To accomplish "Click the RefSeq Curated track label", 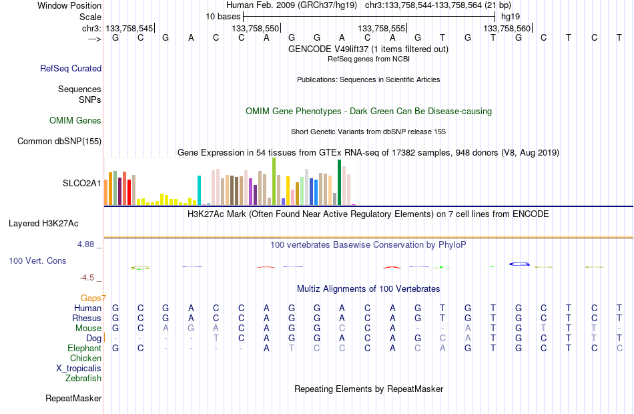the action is tap(71, 68).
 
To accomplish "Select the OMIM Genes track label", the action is tap(75, 121).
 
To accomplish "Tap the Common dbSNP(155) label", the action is tap(59, 142).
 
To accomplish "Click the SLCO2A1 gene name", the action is tap(81, 184).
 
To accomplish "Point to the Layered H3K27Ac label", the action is tap(43, 224).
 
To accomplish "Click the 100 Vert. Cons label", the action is tap(37, 260).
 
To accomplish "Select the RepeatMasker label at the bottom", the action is tap(73, 399).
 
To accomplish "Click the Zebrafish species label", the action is tap(83, 379).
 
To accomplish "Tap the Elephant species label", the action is tap(85, 349).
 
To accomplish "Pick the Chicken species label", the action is tap(85, 359).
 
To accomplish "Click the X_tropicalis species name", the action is tap(79, 369).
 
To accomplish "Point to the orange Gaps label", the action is tap(93, 298).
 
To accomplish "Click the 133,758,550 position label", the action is tap(255, 28).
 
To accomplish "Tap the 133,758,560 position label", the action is tap(507, 28).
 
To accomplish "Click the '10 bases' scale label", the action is tap(223, 17).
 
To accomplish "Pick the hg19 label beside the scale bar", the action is tap(511, 17).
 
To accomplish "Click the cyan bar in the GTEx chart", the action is tap(199, 190).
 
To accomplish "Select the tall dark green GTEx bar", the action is tap(339, 182).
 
